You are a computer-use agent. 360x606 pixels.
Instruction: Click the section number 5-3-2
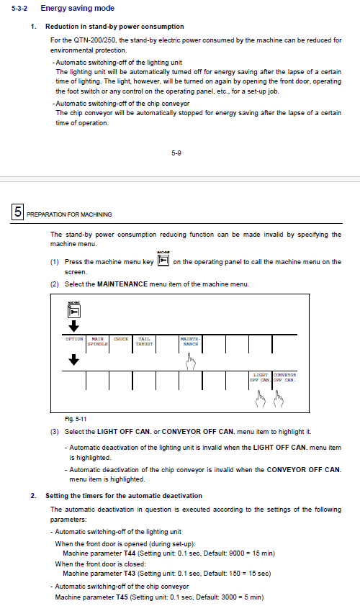click(x=19, y=8)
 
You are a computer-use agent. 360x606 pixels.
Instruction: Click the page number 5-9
click(x=176, y=153)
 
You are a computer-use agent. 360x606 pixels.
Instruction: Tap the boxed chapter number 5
click(x=18, y=212)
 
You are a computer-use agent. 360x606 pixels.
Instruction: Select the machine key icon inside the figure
click(x=74, y=309)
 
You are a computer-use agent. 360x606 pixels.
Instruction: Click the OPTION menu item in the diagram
click(x=74, y=339)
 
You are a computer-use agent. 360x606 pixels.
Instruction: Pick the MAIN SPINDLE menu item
click(x=97, y=341)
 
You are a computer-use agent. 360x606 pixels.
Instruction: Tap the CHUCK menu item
click(x=121, y=339)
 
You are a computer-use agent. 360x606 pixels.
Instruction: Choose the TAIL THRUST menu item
click(x=144, y=341)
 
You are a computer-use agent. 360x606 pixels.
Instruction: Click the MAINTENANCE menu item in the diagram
click(x=190, y=341)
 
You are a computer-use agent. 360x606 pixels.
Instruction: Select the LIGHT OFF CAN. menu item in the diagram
click(x=260, y=377)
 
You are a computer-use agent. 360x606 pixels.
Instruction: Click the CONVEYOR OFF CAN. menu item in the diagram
click(x=284, y=377)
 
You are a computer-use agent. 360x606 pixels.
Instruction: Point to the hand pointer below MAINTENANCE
click(x=191, y=362)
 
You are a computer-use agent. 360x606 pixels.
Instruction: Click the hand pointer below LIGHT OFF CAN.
click(x=261, y=399)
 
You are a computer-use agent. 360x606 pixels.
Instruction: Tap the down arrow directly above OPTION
click(x=74, y=326)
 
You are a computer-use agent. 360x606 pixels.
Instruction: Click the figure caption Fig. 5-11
click(x=76, y=419)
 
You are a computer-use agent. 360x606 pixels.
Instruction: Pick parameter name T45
click(x=122, y=597)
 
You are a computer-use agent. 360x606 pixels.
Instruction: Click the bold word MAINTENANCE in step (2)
click(x=122, y=284)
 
